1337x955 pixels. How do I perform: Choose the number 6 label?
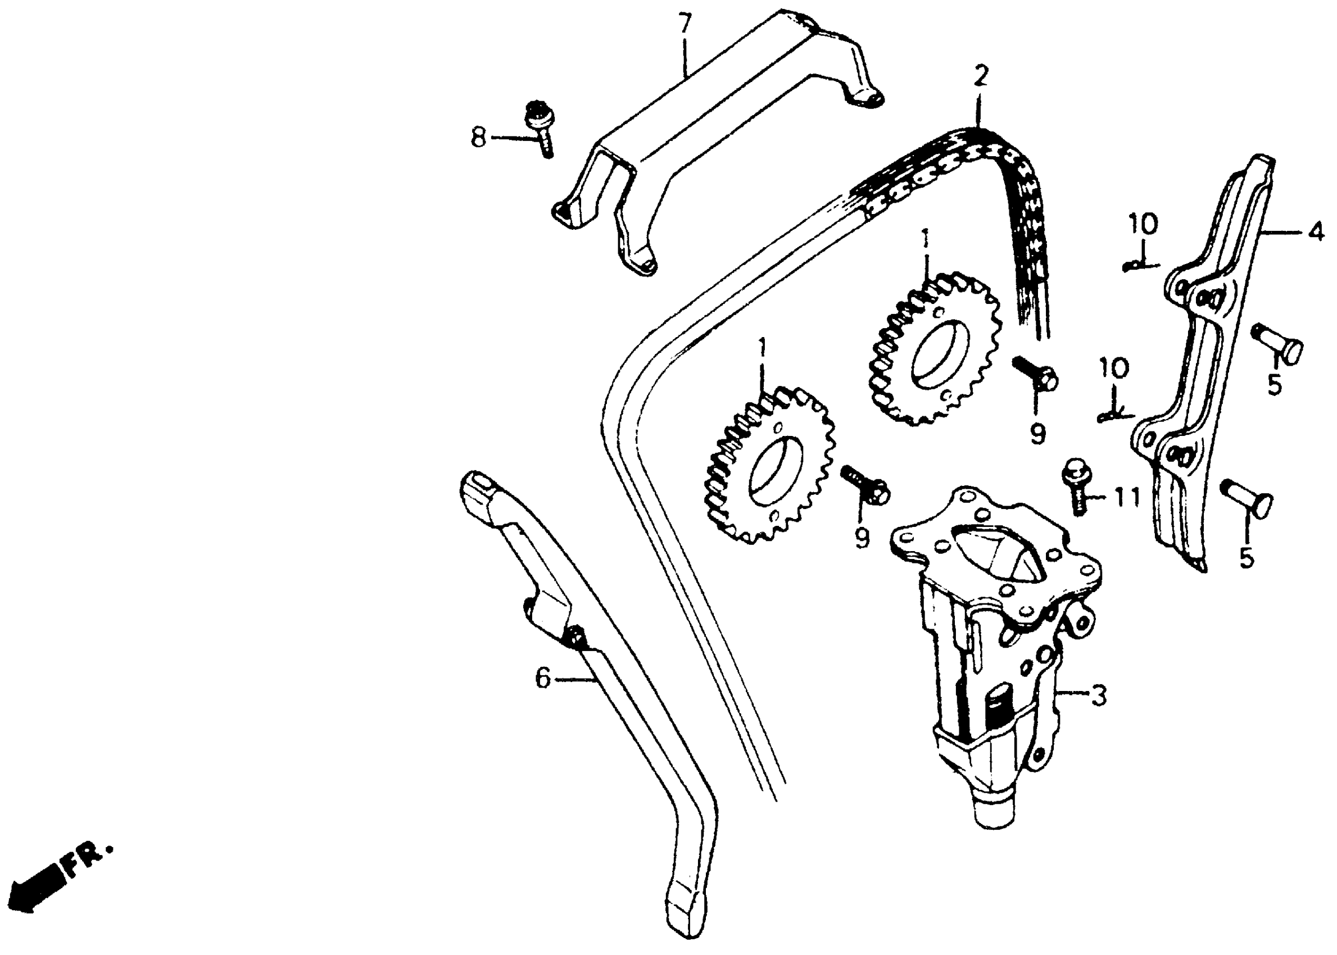pos(542,680)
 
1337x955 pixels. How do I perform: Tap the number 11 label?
pos(1125,498)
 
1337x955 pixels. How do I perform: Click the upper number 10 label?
pos(1143,225)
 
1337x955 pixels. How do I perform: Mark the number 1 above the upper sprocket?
pos(926,240)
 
